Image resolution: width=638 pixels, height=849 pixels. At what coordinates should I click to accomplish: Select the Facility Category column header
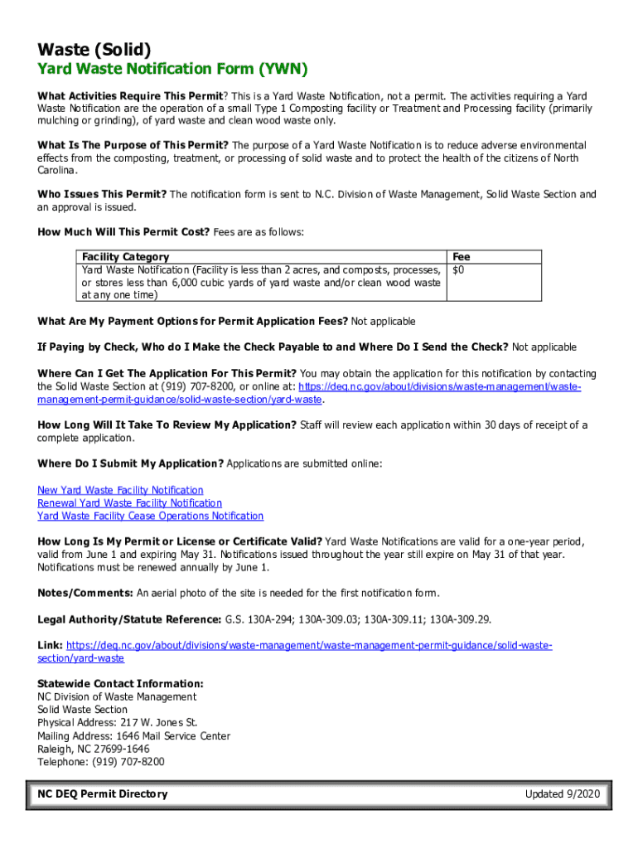pyautogui.click(x=125, y=257)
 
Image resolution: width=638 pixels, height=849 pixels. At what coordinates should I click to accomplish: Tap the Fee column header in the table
pyautogui.click(x=461, y=257)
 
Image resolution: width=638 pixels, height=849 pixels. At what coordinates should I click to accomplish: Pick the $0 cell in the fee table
pyautogui.click(x=457, y=270)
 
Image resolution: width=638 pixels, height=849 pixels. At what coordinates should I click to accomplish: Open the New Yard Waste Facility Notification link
pyautogui.click(x=120, y=490)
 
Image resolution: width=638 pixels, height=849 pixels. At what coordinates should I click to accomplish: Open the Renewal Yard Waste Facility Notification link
pyautogui.click(x=129, y=503)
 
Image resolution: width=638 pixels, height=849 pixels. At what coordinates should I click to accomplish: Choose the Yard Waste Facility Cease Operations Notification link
pyautogui.click(x=150, y=516)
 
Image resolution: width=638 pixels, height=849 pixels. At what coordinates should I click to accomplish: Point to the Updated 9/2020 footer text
pyautogui.click(x=561, y=794)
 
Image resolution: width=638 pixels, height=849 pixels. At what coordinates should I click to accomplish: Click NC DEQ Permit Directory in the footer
pyautogui.click(x=102, y=794)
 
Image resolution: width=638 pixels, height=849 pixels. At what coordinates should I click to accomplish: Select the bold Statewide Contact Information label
pyautogui.click(x=120, y=684)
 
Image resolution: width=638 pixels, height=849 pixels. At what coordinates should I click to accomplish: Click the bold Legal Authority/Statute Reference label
pyautogui.click(x=129, y=619)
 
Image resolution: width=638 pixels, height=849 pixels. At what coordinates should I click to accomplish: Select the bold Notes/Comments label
pyautogui.click(x=85, y=593)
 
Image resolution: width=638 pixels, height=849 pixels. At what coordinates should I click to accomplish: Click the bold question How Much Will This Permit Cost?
pyautogui.click(x=123, y=232)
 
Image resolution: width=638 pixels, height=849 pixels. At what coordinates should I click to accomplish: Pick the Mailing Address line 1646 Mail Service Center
pyautogui.click(x=133, y=736)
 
